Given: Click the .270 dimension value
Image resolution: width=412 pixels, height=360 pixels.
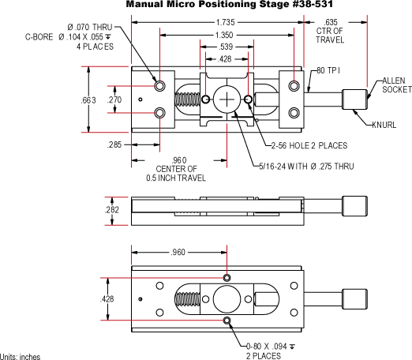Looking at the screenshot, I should click(114, 100).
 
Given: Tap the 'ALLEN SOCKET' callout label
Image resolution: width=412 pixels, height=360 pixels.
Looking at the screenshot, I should click(394, 85).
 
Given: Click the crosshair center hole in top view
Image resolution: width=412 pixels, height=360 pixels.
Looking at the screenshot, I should click(229, 99).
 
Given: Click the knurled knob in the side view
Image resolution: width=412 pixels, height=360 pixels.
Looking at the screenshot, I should click(355, 208).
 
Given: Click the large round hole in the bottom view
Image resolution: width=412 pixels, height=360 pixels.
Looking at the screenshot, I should click(227, 299).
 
